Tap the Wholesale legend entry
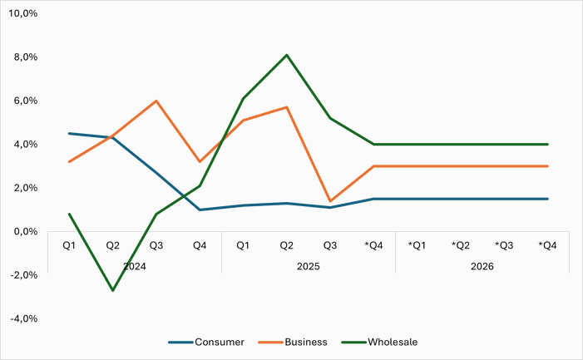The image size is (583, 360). (x=393, y=342)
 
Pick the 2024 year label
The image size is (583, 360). (x=134, y=266)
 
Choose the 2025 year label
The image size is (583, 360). (x=308, y=266)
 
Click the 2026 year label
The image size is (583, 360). (x=482, y=266)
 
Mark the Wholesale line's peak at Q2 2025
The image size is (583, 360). (x=287, y=55)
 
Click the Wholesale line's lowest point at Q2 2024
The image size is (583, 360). (x=113, y=290)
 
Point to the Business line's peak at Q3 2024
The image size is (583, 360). (x=156, y=101)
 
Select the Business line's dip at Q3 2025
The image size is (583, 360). (x=330, y=201)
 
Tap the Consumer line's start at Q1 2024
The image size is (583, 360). (x=70, y=133)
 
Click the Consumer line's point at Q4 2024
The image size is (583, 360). (x=200, y=210)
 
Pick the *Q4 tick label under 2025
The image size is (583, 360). (x=373, y=245)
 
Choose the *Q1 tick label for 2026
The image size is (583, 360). (x=417, y=245)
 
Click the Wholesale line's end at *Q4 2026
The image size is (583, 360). (x=547, y=144)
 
